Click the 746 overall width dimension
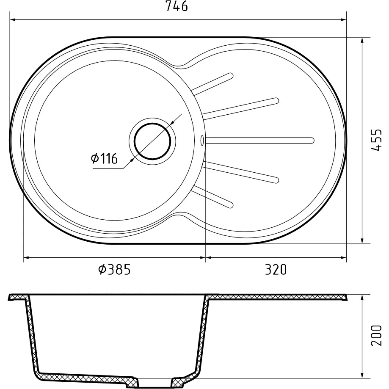pos(177,6)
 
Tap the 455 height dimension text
pos(376,140)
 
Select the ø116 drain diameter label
pos(104,158)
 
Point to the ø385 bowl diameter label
pos(114,270)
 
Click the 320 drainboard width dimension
pos(276,270)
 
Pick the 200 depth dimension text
pos(376,335)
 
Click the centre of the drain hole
pos(152,141)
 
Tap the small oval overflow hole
pos(202,141)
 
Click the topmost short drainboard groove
pos(213,84)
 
